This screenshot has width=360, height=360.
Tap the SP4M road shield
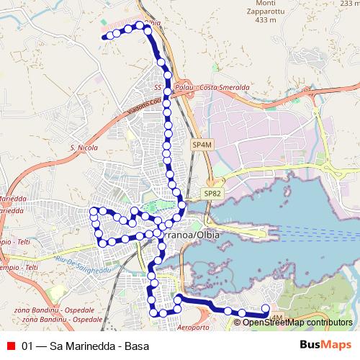click(202, 145)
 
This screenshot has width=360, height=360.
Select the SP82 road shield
click(211, 194)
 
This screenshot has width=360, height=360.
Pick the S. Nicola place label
click(83, 149)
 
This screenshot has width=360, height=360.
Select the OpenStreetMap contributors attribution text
click(297, 322)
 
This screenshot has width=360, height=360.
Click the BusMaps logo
click(322, 346)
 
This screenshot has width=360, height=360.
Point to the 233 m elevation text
click(349, 4)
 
